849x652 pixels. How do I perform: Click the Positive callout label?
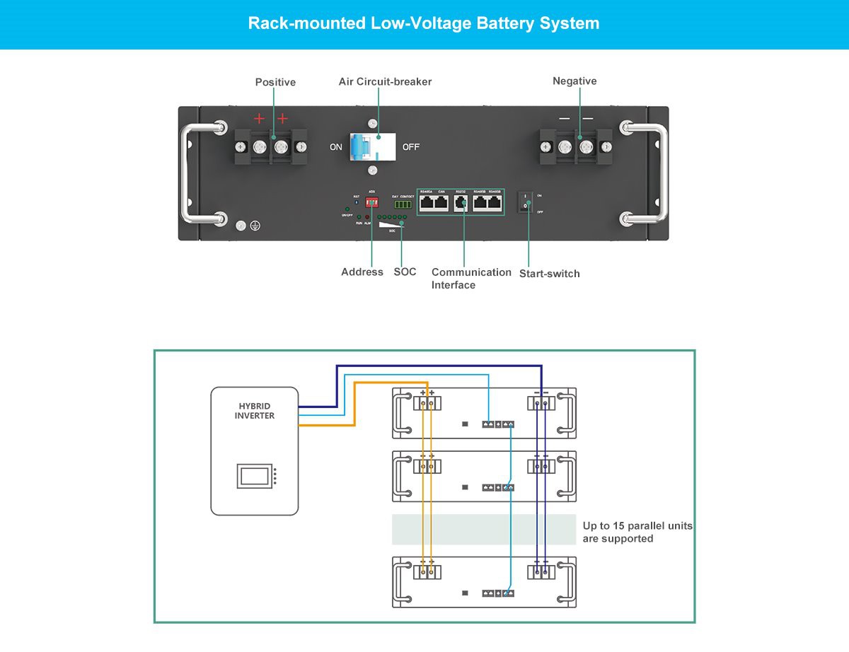tap(275, 82)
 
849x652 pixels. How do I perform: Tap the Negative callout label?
tap(574, 81)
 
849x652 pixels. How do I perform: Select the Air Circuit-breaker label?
tap(385, 81)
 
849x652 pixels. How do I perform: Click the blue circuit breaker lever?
tap(362, 148)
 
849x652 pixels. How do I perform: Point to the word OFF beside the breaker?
tap(411, 148)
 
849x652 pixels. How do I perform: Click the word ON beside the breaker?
tap(336, 148)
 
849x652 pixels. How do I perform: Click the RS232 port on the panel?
tap(461, 202)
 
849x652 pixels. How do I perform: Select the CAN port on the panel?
tap(441, 202)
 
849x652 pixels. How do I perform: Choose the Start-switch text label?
tap(549, 274)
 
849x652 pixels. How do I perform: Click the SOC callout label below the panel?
tap(405, 272)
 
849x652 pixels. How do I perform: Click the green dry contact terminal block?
tap(403, 204)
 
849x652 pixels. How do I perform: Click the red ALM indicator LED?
tap(367, 217)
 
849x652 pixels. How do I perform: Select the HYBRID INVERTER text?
tap(255, 411)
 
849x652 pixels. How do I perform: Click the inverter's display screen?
tap(254, 475)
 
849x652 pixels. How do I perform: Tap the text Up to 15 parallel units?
tap(637, 526)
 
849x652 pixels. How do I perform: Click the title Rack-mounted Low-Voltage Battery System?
tap(424, 23)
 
